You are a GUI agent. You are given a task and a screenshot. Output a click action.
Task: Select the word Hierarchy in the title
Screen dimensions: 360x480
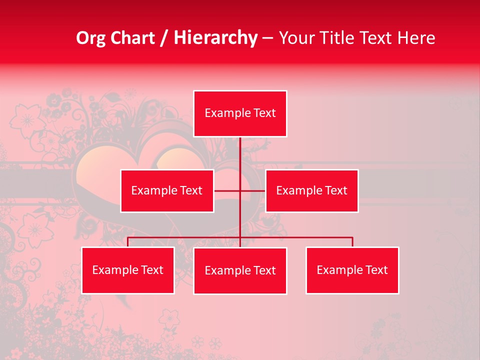[x=215, y=38]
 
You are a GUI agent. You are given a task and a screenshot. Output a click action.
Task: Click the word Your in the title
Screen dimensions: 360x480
[x=295, y=38]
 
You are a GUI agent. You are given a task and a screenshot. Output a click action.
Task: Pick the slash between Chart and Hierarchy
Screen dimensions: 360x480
[x=163, y=38]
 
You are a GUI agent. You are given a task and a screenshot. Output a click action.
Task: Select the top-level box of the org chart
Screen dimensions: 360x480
[x=240, y=113]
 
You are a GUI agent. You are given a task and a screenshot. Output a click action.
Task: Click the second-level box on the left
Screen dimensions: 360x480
[x=167, y=190]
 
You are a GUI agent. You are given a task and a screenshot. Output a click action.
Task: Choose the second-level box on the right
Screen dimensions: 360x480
[x=311, y=190]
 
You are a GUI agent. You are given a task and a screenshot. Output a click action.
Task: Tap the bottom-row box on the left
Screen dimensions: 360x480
[x=127, y=270]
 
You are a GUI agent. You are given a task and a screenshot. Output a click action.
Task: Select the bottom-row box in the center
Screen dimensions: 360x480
[x=240, y=271]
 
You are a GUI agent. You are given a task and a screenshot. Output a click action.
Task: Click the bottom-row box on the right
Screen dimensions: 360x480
[x=352, y=270]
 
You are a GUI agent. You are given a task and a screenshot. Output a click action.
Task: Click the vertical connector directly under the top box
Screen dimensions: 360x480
[x=240, y=152]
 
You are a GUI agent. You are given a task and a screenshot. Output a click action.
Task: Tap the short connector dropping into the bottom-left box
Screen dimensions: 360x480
[x=127, y=242]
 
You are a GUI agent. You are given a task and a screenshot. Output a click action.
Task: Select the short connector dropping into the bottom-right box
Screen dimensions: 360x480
[x=352, y=242]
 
